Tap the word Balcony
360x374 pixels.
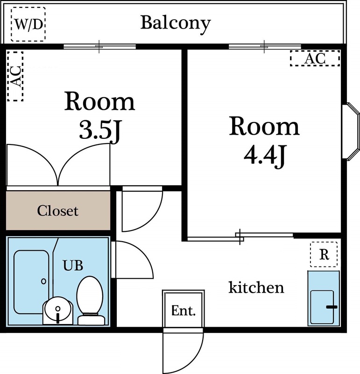tap(176, 23)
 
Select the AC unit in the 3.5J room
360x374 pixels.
tap(16, 76)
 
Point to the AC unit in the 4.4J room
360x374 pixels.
tap(314, 58)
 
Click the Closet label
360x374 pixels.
tap(58, 211)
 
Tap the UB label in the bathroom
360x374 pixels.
tap(73, 266)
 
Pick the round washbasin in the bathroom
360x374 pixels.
tap(57, 310)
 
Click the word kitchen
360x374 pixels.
tap(256, 287)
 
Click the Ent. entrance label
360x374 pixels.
tap(184, 311)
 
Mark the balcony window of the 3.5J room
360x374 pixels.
tap(99, 47)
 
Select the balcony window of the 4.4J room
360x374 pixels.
tap(265, 47)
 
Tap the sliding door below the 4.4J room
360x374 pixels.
tap(240, 237)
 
